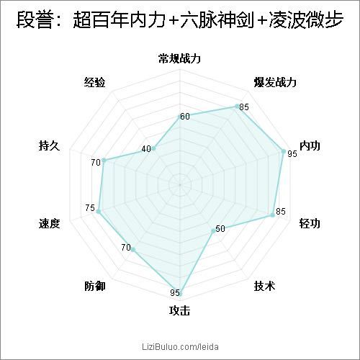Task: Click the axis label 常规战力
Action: pyautogui.click(x=179, y=58)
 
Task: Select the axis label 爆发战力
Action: pyautogui.click(x=275, y=82)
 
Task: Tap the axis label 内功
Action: pyautogui.click(x=310, y=145)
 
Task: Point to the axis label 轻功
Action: pyautogui.click(x=310, y=223)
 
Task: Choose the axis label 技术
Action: pyautogui.click(x=264, y=286)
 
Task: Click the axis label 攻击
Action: pyautogui.click(x=179, y=310)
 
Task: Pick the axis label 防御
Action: pyautogui.click(x=95, y=286)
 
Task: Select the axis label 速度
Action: pyautogui.click(x=49, y=223)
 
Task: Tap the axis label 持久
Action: pyautogui.click(x=49, y=145)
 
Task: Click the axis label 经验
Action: pyautogui.click(x=95, y=82)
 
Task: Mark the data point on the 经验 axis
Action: pyautogui.click(x=153, y=149)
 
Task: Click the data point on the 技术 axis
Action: pyautogui.click(x=213, y=231)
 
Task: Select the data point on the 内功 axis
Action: pyautogui.click(x=284, y=151)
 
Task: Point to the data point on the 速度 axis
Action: pyautogui.click(x=98, y=212)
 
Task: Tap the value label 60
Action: pyautogui.click(x=185, y=117)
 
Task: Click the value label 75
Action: pyautogui.click(x=90, y=208)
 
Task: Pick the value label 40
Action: pyautogui.click(x=146, y=149)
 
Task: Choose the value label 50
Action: pyautogui.click(x=220, y=229)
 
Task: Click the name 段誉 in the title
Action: pyautogui.click(x=34, y=19)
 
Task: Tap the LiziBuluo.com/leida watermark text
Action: pyautogui.click(x=180, y=346)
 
